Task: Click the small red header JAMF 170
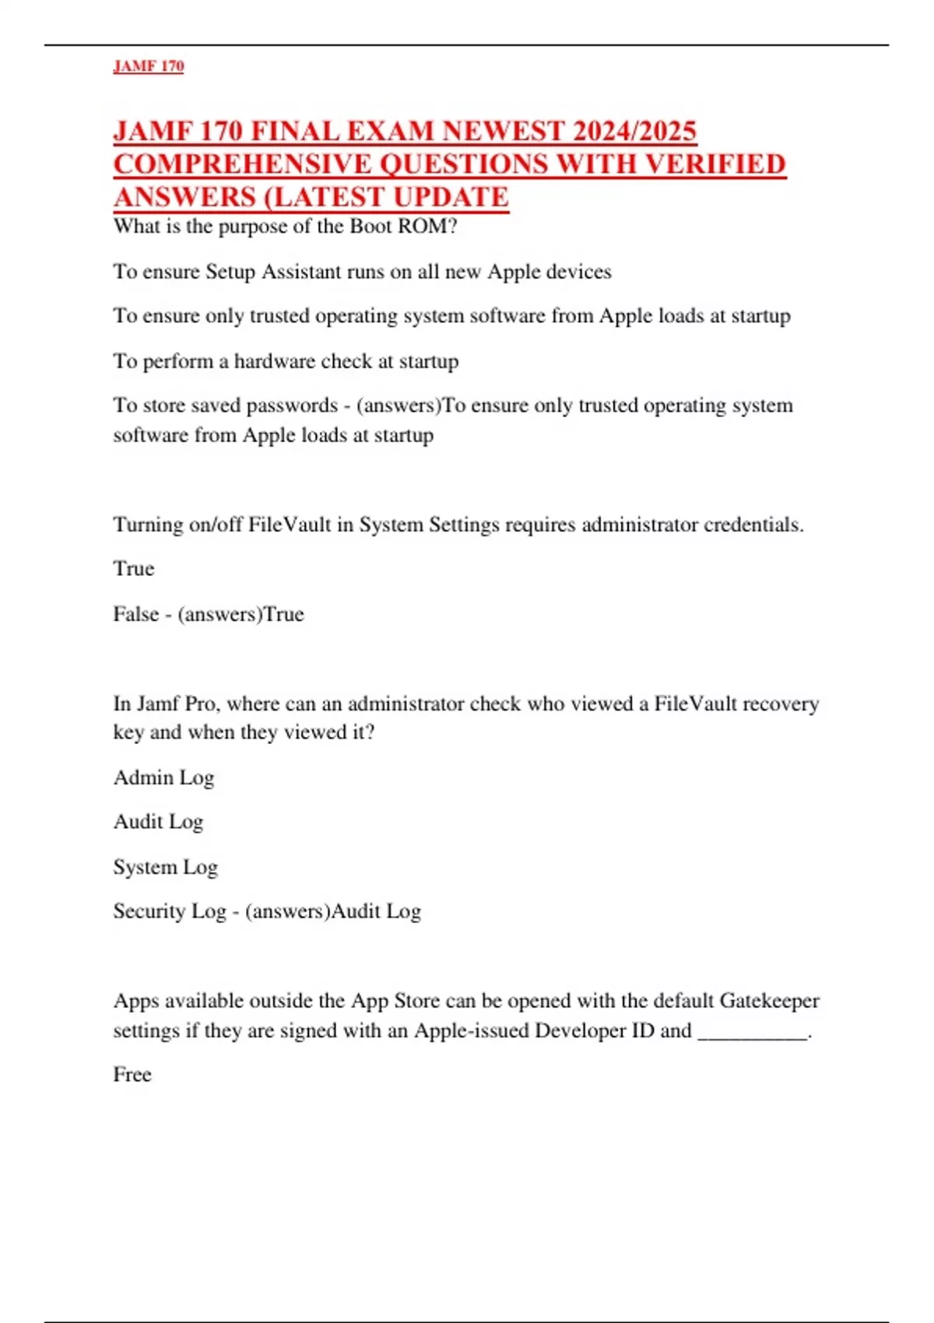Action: click(149, 66)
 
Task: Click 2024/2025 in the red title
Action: click(634, 131)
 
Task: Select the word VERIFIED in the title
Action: click(716, 164)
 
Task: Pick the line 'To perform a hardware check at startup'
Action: click(286, 361)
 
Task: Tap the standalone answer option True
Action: click(134, 569)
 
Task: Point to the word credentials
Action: click(753, 525)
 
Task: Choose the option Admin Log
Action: click(163, 777)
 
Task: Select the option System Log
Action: click(165, 867)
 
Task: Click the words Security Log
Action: click(169, 911)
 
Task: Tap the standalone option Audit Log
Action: click(158, 822)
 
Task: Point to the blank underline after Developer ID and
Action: click(753, 1032)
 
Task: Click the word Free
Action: click(132, 1075)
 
